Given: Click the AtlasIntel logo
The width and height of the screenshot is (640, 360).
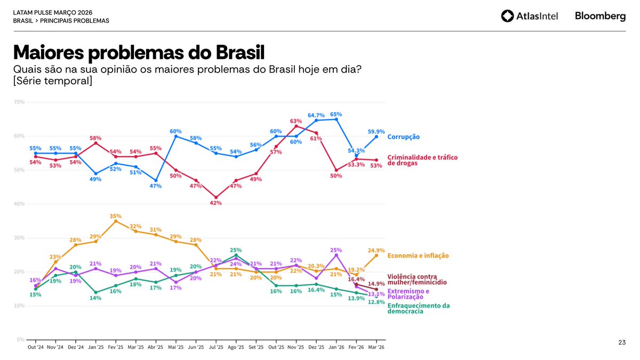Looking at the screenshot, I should (530, 17).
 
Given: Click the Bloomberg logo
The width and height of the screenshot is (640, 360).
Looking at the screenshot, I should (600, 17).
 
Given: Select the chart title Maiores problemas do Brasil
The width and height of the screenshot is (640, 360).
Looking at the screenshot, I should (139, 53).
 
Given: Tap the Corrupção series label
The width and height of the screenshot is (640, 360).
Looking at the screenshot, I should (403, 137).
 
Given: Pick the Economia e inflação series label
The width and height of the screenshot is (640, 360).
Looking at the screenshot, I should (418, 255).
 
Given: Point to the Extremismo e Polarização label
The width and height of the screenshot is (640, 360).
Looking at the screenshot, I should (408, 294).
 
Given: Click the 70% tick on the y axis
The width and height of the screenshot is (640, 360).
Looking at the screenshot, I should (19, 102).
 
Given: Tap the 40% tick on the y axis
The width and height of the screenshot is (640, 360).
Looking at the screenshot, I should (19, 204).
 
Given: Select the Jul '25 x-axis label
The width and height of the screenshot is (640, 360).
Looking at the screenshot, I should (216, 347).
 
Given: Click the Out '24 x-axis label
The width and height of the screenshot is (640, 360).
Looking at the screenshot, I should (36, 347).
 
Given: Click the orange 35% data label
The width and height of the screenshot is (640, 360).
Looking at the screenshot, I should (116, 216).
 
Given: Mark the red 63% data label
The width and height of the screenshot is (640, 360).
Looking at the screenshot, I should (296, 121).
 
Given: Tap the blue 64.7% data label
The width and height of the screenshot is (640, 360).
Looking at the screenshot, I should (316, 115).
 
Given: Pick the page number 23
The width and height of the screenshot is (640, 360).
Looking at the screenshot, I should (622, 342).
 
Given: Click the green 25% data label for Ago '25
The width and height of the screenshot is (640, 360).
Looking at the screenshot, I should (236, 250).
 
